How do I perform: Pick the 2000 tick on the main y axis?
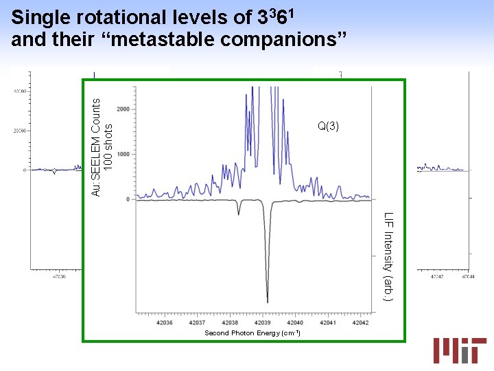pyautogui.click(x=123, y=109)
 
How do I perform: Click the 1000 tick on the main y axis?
pyautogui.click(x=123, y=155)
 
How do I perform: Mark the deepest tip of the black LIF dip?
pyautogui.click(x=267, y=302)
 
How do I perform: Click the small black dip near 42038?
pyautogui.click(x=238, y=214)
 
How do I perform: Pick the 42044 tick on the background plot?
pyautogui.click(x=468, y=277)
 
